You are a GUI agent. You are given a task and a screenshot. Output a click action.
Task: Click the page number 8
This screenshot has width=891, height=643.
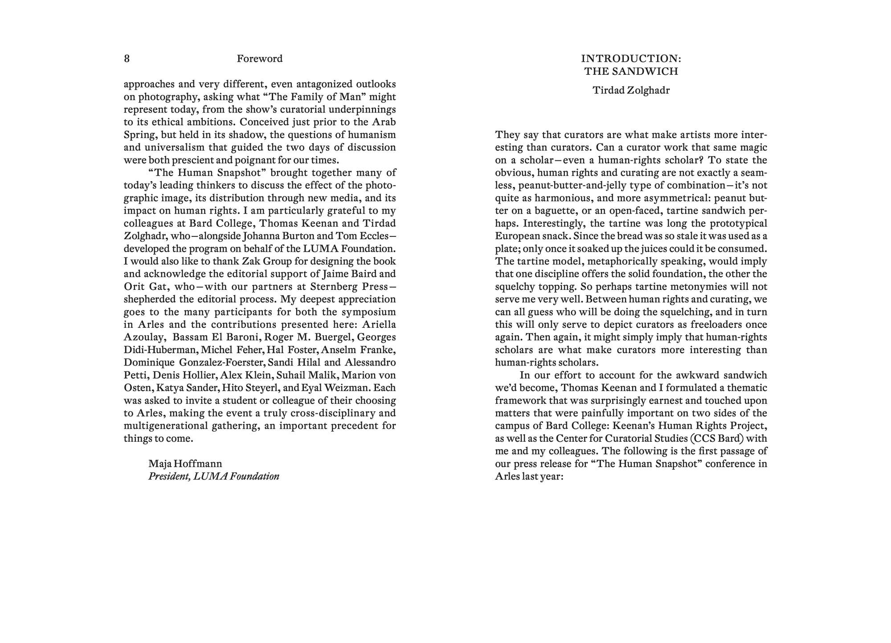click(x=127, y=59)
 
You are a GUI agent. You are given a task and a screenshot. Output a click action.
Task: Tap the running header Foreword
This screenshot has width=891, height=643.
click(x=259, y=59)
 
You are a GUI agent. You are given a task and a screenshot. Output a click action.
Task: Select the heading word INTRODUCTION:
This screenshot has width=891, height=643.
click(x=631, y=59)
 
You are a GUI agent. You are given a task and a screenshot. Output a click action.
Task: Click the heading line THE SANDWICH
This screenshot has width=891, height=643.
click(x=631, y=71)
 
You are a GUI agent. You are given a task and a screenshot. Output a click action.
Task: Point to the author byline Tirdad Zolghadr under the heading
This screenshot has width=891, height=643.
click(x=631, y=90)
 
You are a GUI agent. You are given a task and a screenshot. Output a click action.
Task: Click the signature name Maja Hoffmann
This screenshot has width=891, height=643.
click(x=185, y=464)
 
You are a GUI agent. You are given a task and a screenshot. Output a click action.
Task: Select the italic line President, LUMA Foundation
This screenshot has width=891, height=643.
click(x=214, y=476)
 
